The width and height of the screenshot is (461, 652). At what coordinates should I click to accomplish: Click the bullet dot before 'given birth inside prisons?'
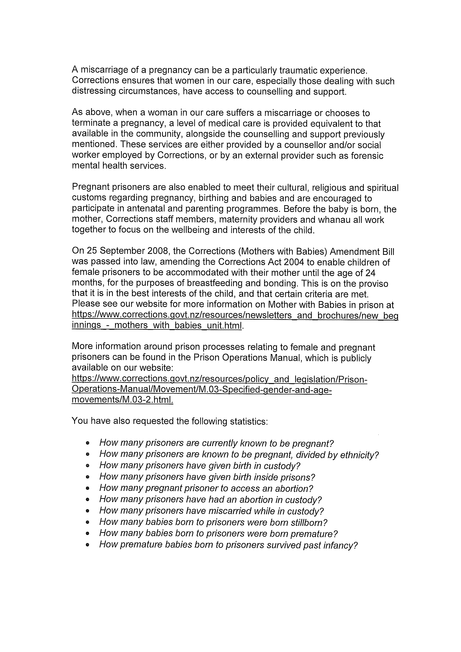pos(88,477)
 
